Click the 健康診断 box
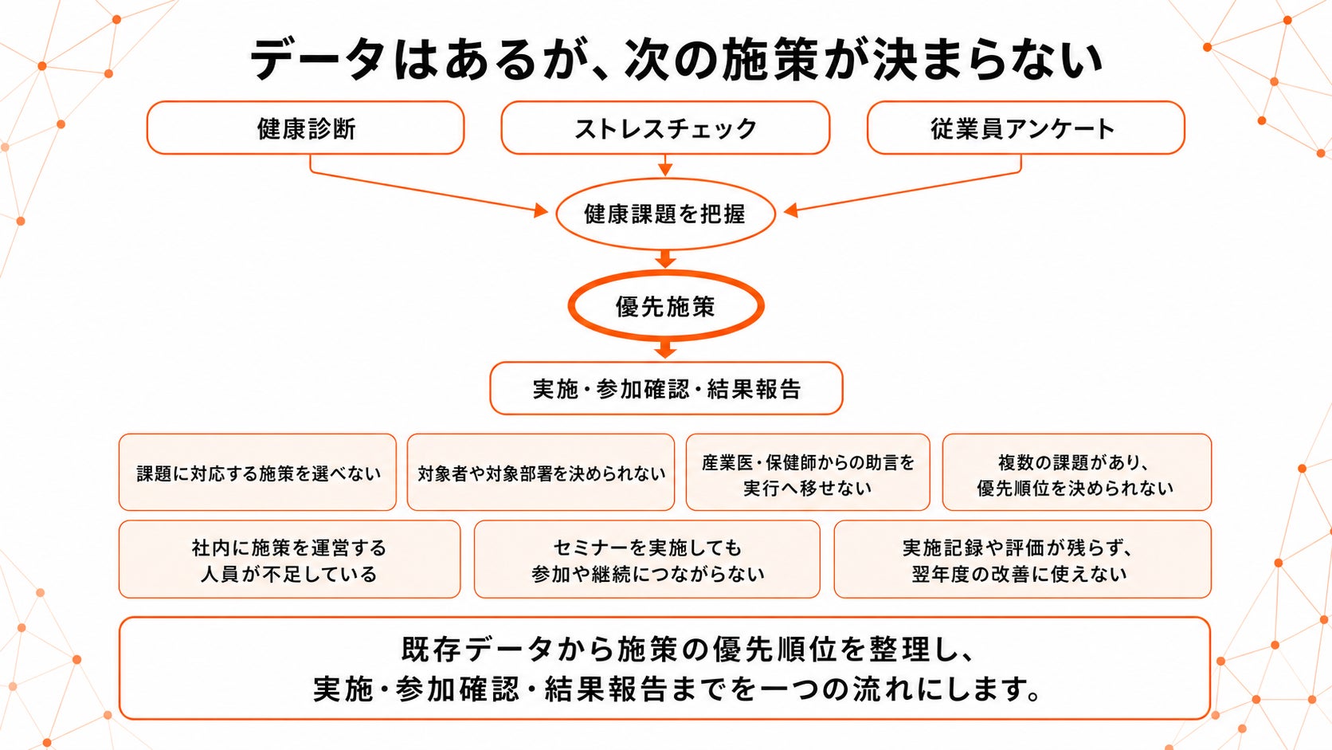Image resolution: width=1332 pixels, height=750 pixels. (305, 128)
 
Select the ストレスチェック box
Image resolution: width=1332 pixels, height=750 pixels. (665, 128)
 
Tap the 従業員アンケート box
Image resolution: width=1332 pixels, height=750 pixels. (1026, 128)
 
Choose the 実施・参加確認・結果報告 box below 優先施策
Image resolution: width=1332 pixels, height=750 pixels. (666, 388)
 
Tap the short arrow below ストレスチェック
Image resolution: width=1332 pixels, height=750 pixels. (665, 165)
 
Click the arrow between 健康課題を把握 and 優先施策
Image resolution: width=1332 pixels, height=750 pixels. (665, 260)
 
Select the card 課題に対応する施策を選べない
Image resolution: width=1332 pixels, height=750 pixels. (257, 473)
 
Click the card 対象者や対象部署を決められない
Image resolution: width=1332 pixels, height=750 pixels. (541, 473)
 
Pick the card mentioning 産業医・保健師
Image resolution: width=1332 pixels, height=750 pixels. (808, 473)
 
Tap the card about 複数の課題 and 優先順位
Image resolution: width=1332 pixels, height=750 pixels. (1077, 473)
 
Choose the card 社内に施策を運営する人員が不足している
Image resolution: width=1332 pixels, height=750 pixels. (290, 559)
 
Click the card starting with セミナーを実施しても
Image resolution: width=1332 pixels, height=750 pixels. (647, 559)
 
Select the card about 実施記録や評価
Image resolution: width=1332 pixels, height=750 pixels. (1023, 559)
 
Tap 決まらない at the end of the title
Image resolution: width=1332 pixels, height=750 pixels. (987, 60)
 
